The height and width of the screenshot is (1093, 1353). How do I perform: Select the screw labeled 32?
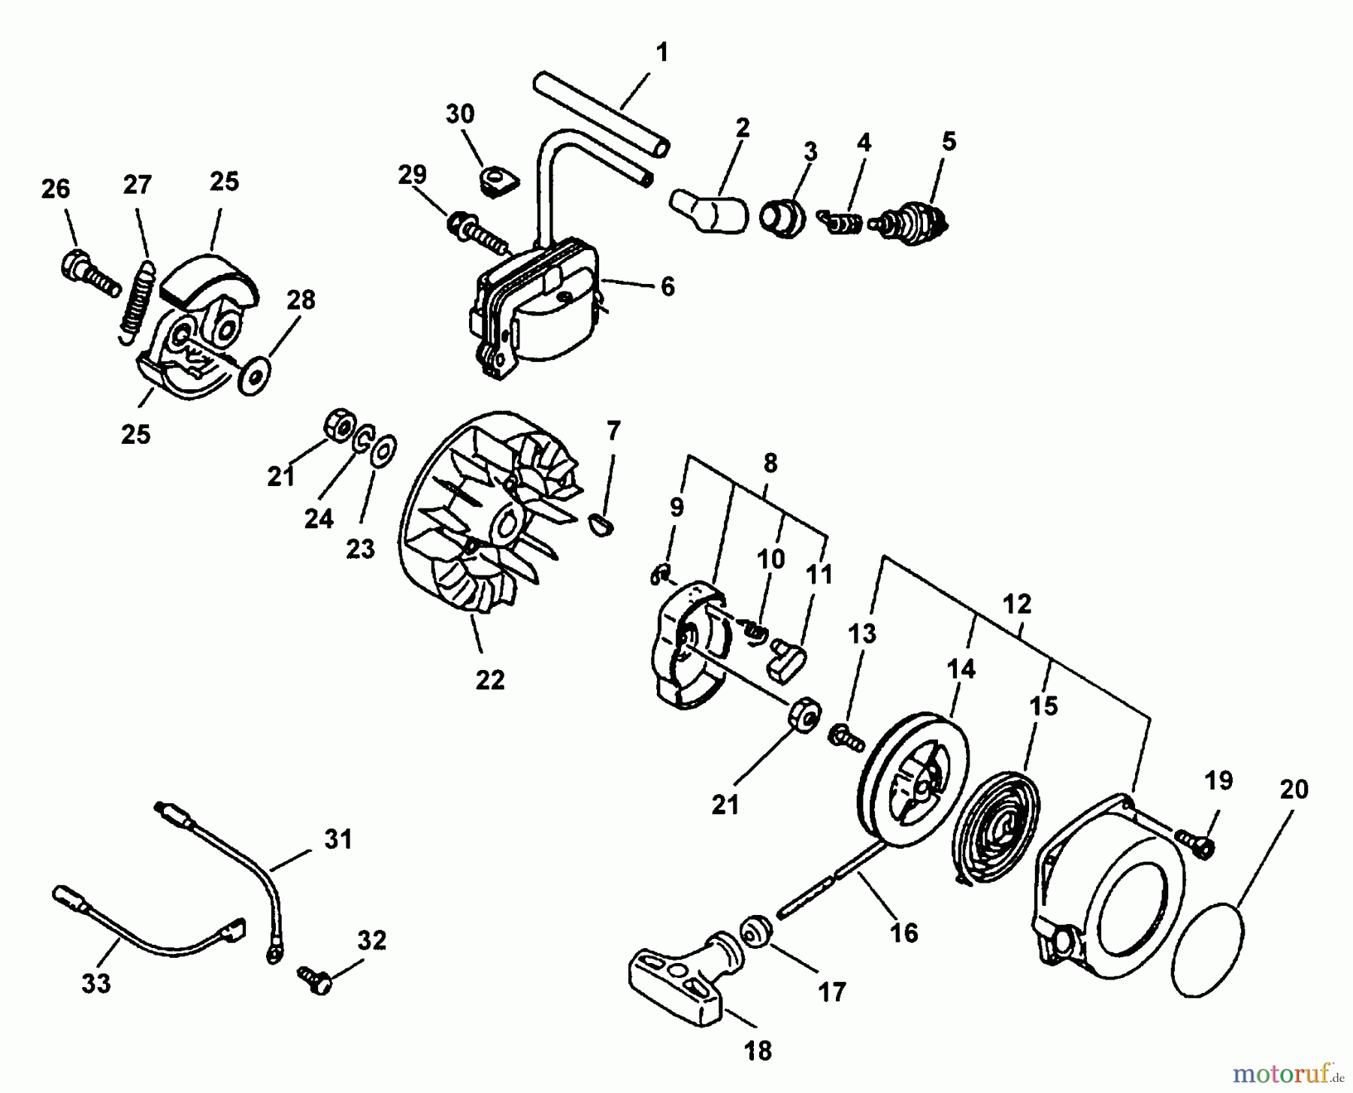coord(316,979)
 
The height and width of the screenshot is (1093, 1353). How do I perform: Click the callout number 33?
coord(96,983)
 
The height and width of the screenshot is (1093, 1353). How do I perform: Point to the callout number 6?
coord(667,286)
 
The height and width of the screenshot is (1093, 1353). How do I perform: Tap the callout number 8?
coord(770,463)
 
